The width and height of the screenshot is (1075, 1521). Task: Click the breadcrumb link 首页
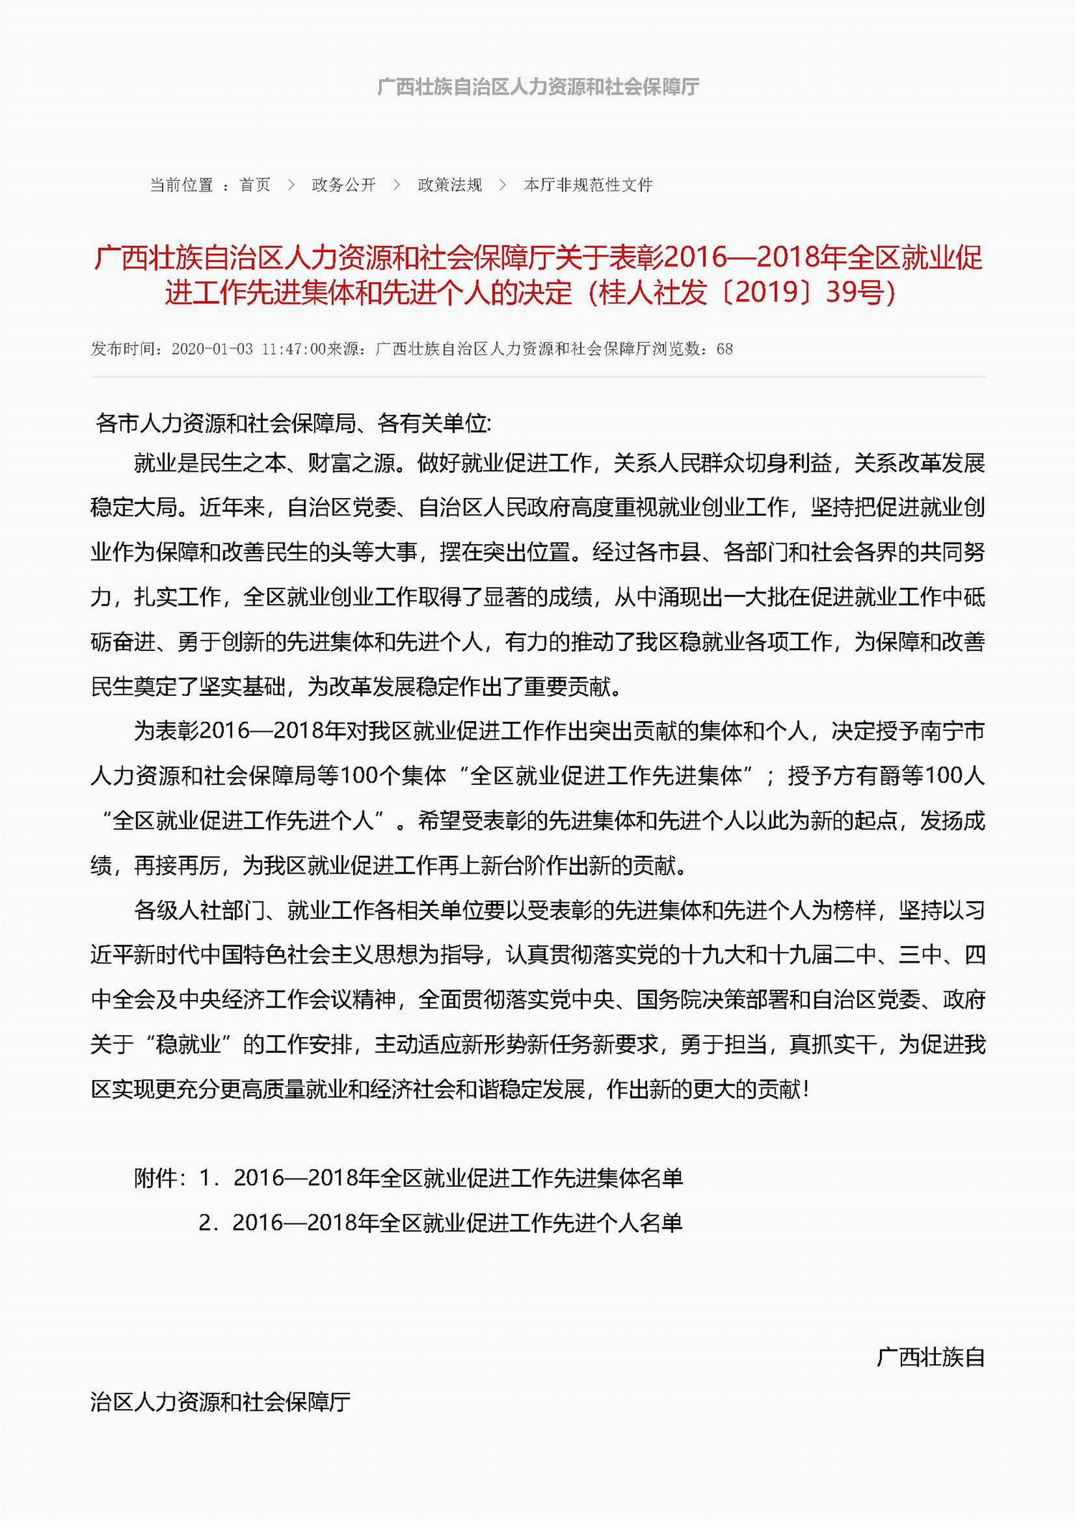pos(254,185)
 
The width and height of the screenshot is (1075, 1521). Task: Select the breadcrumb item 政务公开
pos(343,185)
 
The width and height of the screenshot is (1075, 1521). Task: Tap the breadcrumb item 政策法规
pos(449,185)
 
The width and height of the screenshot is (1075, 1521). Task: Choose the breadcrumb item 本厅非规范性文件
pos(588,185)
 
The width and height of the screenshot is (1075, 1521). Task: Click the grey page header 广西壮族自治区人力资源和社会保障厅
pos(537,87)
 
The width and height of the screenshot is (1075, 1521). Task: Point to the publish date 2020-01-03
pos(212,349)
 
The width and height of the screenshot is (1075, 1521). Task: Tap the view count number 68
pos(725,349)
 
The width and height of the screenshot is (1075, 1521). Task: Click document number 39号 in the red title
pos(854,292)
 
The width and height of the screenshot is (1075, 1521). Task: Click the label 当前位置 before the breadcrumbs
pos(181,185)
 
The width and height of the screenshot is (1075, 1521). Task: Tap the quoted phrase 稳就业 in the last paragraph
pos(188,1044)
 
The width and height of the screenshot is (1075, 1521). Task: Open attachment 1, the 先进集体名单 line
pos(458,1178)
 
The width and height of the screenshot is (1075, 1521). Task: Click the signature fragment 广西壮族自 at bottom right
pos(930,1357)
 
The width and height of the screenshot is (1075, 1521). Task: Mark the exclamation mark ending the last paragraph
pos(807,1090)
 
